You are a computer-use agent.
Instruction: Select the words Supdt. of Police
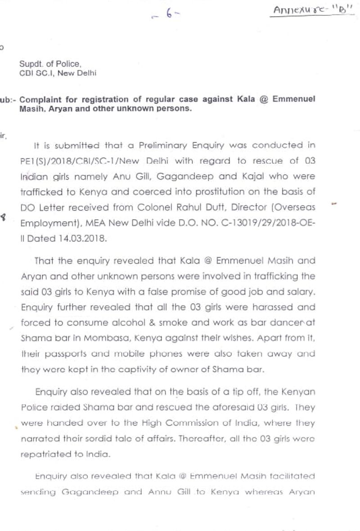pyautogui.click(x=50, y=64)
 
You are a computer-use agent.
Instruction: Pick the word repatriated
pyautogui.click(x=43, y=455)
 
